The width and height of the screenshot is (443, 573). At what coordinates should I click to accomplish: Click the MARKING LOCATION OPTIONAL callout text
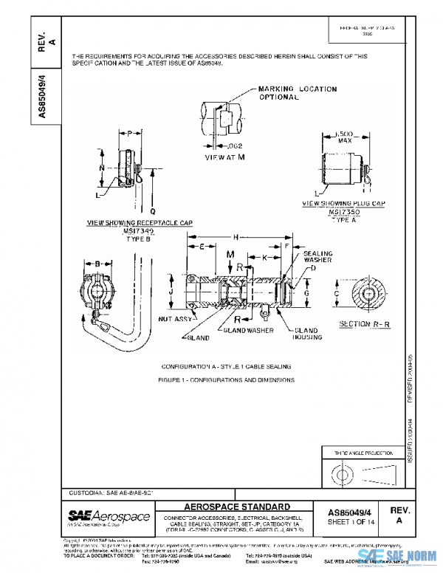(298, 92)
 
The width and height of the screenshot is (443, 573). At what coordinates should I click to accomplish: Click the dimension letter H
(235, 237)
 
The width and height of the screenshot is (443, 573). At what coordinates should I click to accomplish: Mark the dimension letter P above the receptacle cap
(130, 134)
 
